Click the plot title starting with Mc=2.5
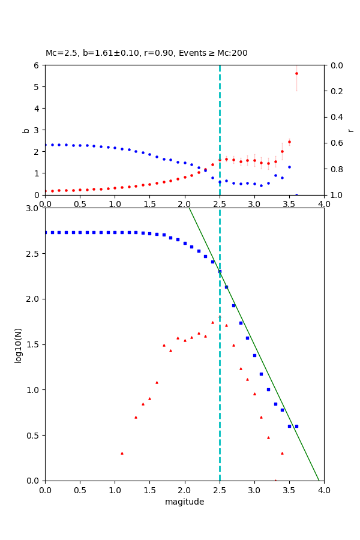point(146,53)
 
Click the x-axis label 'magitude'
point(184,502)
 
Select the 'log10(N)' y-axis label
point(19,344)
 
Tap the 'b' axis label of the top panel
point(26,130)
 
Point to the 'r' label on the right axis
point(350,130)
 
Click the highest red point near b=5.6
point(296,73)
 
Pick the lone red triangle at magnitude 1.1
point(122,453)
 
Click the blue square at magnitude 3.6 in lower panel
point(296,426)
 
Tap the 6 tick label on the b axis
point(38,65)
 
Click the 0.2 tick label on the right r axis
point(337,91)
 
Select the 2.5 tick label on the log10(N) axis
point(32,254)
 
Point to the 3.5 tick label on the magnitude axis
point(289,490)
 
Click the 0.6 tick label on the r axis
point(337,143)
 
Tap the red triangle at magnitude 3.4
point(282,453)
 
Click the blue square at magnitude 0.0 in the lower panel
point(45,232)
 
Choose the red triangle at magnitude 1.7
point(164,345)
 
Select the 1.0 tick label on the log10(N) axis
point(32,390)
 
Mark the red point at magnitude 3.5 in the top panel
point(289,142)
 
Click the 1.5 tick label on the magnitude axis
point(149,490)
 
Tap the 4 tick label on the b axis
point(38,109)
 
